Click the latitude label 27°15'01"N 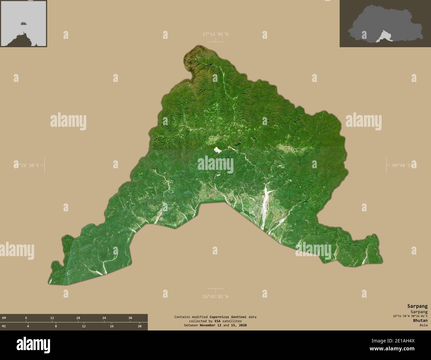click(216, 34)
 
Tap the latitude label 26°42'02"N click(216, 296)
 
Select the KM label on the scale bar click(4, 318)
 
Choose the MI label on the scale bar click(4, 326)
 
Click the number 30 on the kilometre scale click(130, 318)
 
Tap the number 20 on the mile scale click(140, 326)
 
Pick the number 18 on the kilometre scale click(78, 318)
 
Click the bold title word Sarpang click(417, 306)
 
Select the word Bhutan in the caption click(420, 321)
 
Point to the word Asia click(423, 325)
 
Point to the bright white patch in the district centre click(217, 150)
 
